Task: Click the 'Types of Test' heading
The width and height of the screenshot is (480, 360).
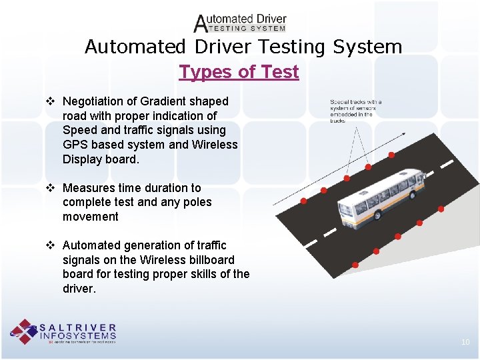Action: point(239,71)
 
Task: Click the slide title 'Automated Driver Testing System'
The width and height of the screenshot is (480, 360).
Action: point(243,47)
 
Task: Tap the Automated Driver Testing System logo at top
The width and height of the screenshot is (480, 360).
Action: point(240,23)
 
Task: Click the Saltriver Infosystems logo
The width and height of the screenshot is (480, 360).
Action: point(63,331)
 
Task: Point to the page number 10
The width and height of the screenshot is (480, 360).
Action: point(465,342)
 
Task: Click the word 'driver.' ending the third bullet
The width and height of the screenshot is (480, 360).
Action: point(79,289)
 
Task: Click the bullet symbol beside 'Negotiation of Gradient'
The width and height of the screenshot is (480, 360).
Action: point(51,101)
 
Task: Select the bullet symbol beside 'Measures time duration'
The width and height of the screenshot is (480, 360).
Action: point(51,188)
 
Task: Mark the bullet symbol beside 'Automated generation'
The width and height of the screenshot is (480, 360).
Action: point(51,245)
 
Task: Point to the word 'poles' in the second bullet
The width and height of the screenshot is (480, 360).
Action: point(197,202)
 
